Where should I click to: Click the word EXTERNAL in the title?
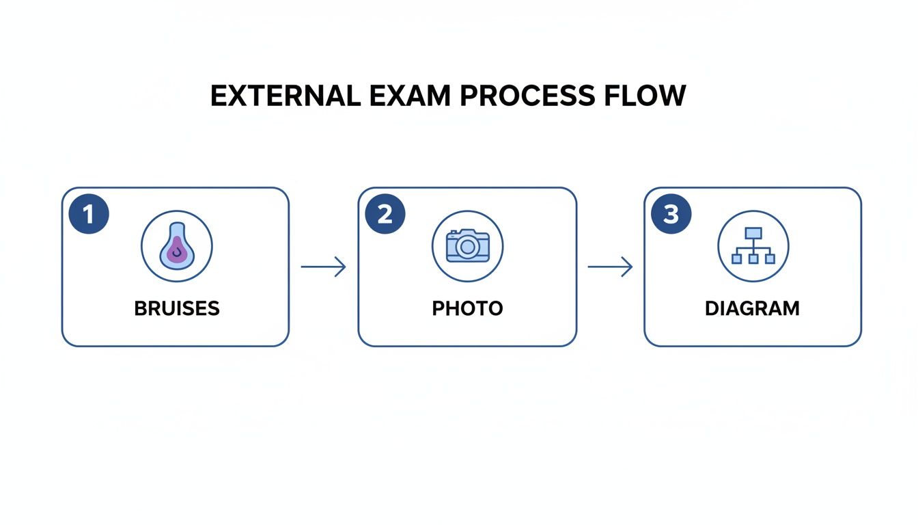(x=286, y=96)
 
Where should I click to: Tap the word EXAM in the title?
(x=410, y=96)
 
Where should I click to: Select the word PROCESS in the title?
(x=527, y=96)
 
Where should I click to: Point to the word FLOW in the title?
(x=645, y=96)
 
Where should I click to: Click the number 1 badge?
(x=89, y=214)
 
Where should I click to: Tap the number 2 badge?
(x=385, y=214)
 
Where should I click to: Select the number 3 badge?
(x=671, y=214)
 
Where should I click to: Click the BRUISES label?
(x=177, y=308)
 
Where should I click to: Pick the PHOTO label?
(x=467, y=308)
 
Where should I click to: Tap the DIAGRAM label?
(x=752, y=308)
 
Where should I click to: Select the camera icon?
(x=468, y=245)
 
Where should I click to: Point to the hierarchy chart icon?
(x=753, y=245)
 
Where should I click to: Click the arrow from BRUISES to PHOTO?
(x=323, y=267)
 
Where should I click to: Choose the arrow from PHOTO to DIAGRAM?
(x=610, y=267)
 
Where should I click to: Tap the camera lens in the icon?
(x=468, y=247)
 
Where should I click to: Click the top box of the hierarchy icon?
(x=753, y=233)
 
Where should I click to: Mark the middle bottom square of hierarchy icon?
(x=753, y=259)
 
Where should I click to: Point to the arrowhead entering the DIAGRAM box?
(x=628, y=267)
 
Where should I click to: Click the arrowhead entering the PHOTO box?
(x=341, y=267)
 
